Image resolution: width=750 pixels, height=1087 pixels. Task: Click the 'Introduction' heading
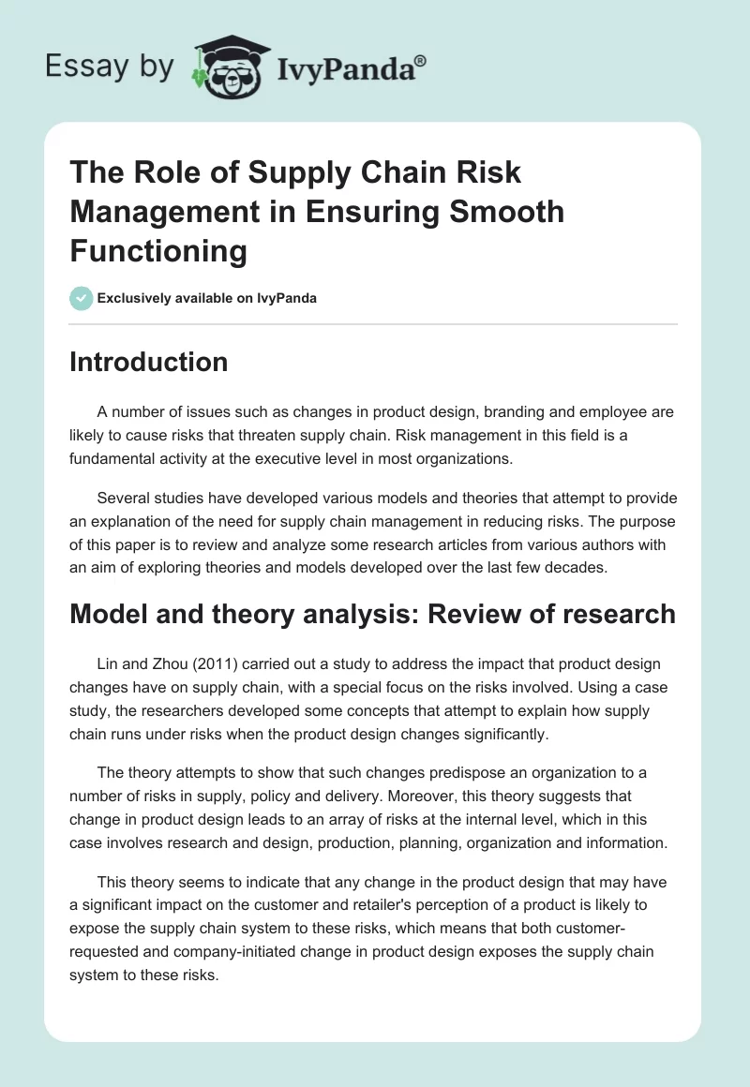(149, 362)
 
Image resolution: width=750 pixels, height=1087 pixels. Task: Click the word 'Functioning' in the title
(158, 251)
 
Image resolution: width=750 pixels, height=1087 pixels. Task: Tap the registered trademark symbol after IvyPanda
(420, 60)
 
